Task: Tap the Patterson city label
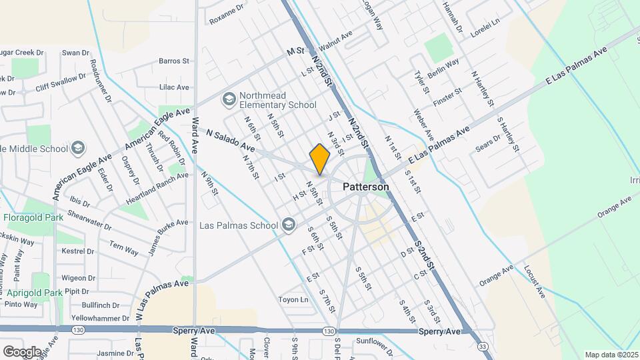click(366, 187)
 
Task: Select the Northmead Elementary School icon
click(229, 100)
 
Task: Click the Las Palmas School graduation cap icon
click(288, 224)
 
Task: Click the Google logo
click(21, 351)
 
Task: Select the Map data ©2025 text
click(611, 355)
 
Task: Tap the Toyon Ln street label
click(293, 299)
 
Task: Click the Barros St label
click(174, 61)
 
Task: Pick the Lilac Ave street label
click(174, 87)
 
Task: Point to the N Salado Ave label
click(230, 139)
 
